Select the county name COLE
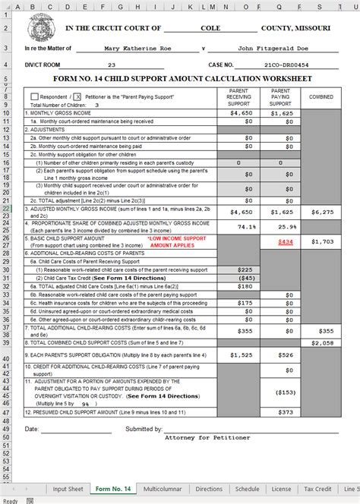click(210, 28)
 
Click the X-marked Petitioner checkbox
click(77, 97)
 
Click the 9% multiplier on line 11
click(85, 404)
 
